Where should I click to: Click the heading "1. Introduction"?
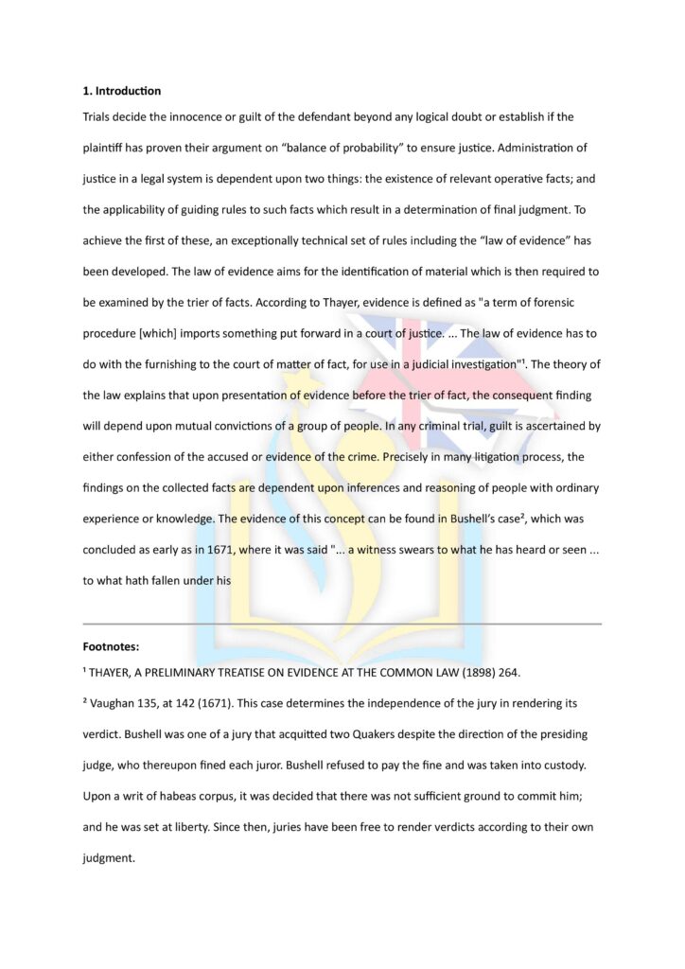click(x=122, y=91)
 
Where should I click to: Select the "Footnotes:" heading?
click(x=112, y=647)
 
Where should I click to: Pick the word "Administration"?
click(x=540, y=149)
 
